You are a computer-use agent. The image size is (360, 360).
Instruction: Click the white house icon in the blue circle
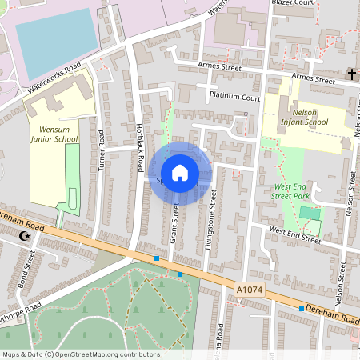(x=180, y=173)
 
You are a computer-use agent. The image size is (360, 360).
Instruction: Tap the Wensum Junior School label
(x=54, y=133)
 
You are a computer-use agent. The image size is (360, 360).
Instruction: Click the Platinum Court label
(x=234, y=96)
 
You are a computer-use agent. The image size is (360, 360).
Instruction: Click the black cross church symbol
(x=350, y=74)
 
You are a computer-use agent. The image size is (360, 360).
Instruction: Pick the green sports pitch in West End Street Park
(x=309, y=214)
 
